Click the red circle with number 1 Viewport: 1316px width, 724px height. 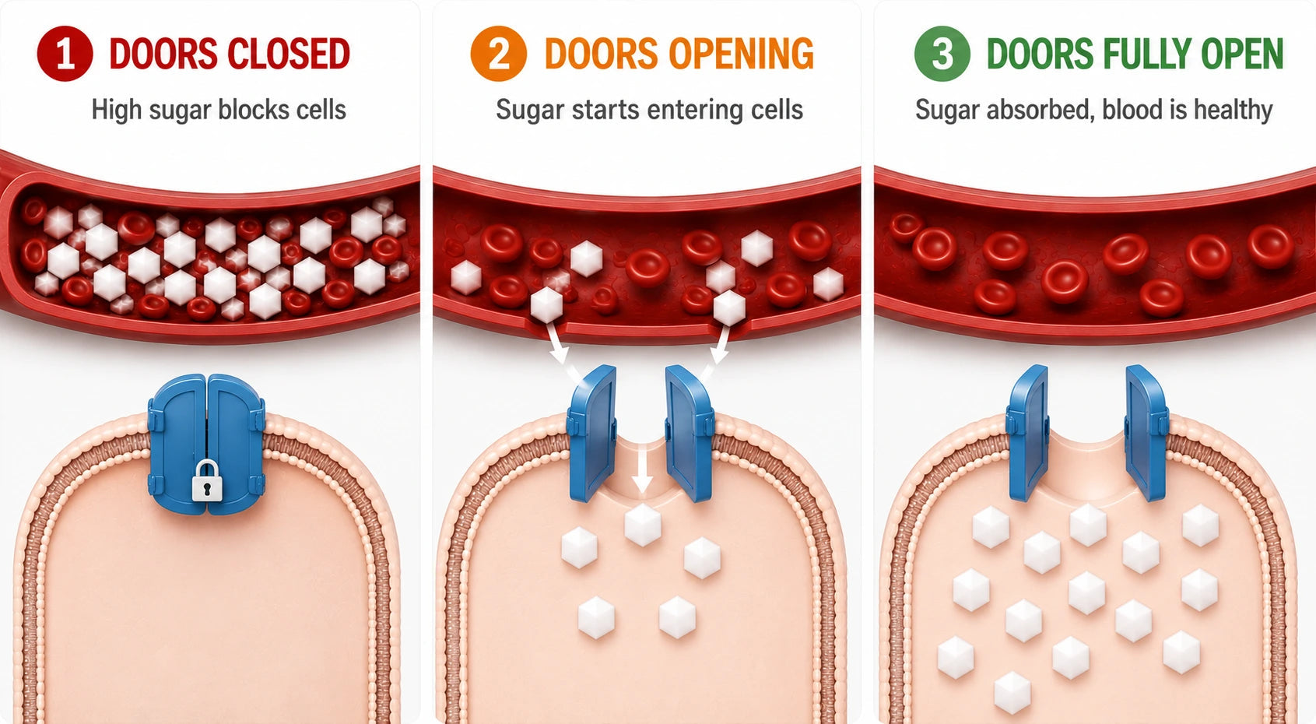click(65, 54)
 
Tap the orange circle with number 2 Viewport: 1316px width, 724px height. click(498, 54)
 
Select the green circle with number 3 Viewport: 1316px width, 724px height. click(942, 54)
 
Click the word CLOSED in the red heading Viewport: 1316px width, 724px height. click(289, 54)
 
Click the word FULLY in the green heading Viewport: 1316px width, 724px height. click(1147, 54)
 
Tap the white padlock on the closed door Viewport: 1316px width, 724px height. click(205, 480)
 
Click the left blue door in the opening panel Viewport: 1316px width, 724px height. click(592, 433)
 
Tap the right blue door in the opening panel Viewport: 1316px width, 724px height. click(690, 433)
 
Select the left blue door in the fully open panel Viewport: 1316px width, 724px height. click(1027, 433)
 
